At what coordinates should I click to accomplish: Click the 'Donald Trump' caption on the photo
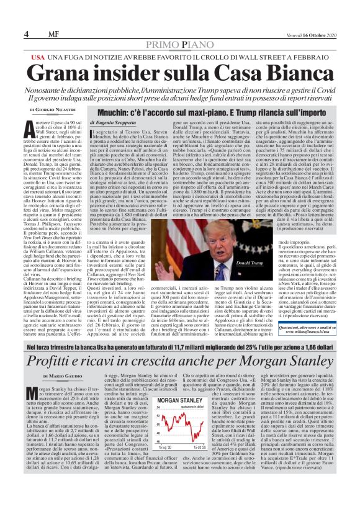point(245,246)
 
